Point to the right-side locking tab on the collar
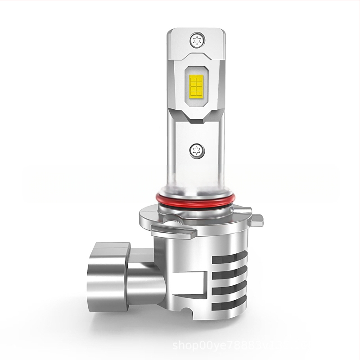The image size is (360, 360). point(255,219)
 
